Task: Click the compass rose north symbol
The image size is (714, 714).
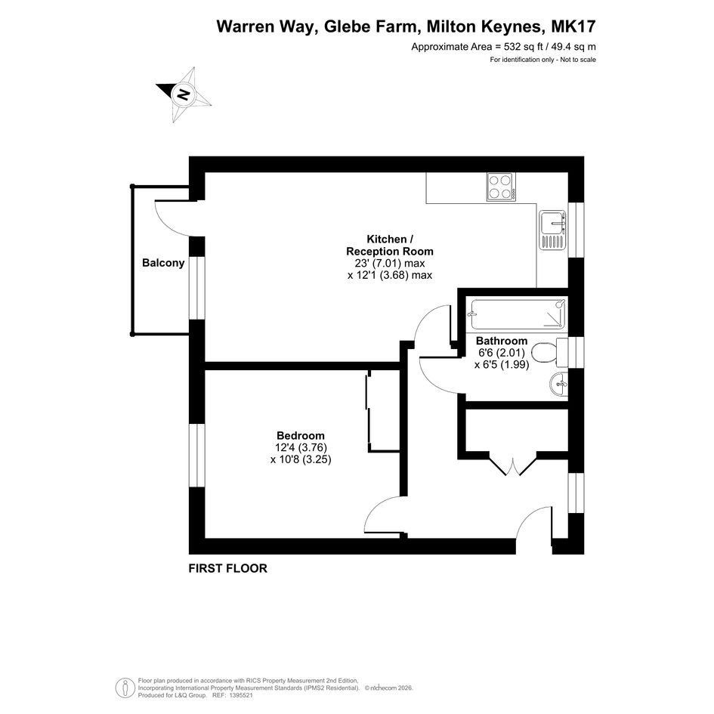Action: [x=184, y=94]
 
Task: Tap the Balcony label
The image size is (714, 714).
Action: [x=163, y=263]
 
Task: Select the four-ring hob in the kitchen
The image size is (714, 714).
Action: [x=501, y=187]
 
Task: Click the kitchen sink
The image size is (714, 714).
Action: [x=552, y=230]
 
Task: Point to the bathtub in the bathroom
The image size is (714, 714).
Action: [x=518, y=314]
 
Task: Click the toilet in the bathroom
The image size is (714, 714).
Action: [x=549, y=352]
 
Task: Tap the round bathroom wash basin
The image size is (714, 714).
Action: [x=559, y=385]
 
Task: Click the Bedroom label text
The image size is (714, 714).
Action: [x=301, y=436]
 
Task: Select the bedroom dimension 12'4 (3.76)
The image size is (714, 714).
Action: [x=301, y=447]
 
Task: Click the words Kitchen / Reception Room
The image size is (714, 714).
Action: [x=390, y=245]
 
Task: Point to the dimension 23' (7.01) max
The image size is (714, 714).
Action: [x=390, y=263]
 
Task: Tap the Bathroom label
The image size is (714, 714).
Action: [x=502, y=341]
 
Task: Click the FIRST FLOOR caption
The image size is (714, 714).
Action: [x=227, y=568]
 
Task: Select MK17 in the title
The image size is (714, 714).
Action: [x=573, y=26]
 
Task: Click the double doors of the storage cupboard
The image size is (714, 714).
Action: [x=514, y=465]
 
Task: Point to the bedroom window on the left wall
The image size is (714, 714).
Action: [x=197, y=456]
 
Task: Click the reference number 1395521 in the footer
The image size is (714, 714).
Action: [x=241, y=695]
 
